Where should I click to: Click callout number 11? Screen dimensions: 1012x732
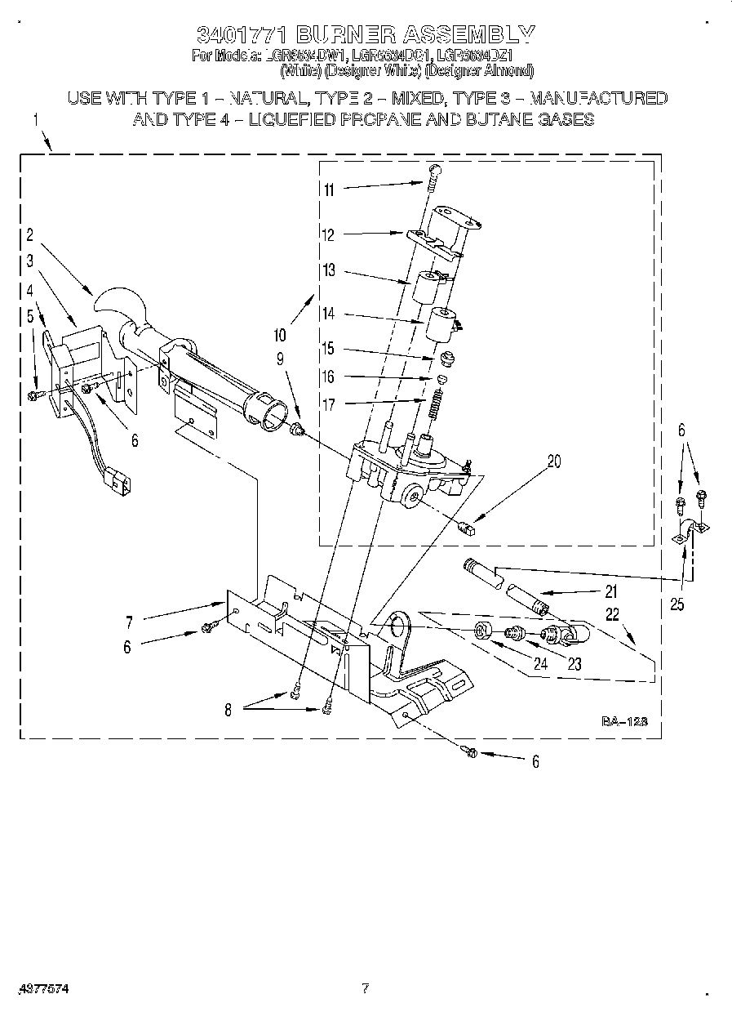pos(329,190)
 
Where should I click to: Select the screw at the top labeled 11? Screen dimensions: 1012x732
pos(434,173)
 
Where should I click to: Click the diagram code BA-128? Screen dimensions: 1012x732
pos(624,721)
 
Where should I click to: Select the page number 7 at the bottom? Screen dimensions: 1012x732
pos(366,989)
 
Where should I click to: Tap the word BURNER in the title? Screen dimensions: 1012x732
pos(345,34)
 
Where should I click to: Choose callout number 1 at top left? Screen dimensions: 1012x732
pos(36,120)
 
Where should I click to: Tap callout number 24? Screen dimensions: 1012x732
pos(539,664)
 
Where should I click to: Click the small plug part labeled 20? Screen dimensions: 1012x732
pos(468,527)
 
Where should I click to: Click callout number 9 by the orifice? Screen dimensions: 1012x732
pos(279,357)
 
